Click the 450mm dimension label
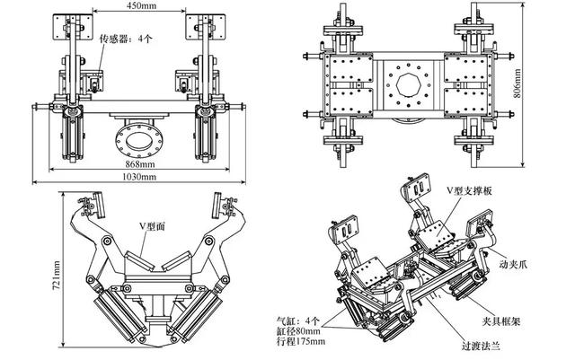point(141,5)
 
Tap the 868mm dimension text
point(140,164)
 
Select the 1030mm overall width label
point(139,177)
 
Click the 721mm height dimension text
point(57,276)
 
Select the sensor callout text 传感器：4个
point(126,39)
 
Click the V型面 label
point(152,226)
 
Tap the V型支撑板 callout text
point(469,190)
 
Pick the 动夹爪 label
point(513,264)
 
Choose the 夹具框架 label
point(501,321)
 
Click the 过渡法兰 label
point(481,346)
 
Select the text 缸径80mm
point(298,331)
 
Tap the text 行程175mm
point(301,341)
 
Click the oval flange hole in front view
point(138,142)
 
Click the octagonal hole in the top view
point(407,85)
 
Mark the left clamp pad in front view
point(72,26)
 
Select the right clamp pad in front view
point(206,26)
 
